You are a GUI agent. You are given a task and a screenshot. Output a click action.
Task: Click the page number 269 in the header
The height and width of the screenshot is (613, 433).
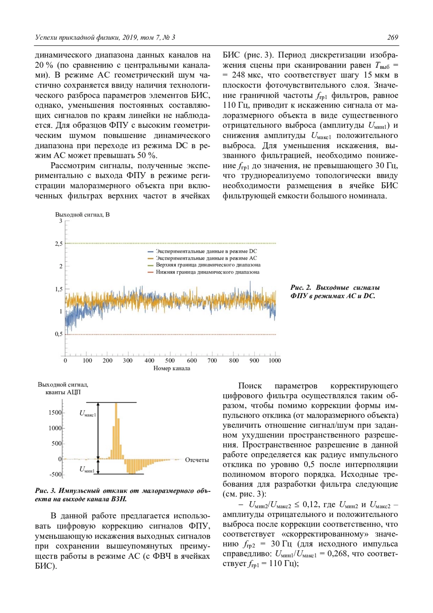click(x=392, y=38)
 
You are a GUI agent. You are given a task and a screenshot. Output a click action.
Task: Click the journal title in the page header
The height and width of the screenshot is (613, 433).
click(x=105, y=38)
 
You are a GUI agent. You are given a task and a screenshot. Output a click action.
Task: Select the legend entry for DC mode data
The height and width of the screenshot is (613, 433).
click(x=206, y=251)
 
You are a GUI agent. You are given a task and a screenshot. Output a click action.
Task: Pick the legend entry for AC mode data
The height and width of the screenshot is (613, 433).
click(x=206, y=258)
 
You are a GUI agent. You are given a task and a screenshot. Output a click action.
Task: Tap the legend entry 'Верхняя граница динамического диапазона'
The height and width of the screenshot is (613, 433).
click(x=208, y=265)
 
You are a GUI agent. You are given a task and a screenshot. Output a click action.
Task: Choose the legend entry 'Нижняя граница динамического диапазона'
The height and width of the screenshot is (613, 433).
click(x=207, y=272)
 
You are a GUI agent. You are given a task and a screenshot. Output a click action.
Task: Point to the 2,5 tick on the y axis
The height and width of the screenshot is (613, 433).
click(x=59, y=244)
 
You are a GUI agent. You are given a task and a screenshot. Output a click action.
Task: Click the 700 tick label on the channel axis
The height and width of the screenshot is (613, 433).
click(x=212, y=360)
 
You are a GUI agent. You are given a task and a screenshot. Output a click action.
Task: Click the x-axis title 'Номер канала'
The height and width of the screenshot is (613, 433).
click(x=172, y=368)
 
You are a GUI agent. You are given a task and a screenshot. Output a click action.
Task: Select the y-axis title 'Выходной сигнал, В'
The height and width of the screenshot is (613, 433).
click(x=82, y=214)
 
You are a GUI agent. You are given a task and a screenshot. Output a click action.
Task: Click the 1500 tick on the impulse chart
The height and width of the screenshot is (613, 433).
click(x=55, y=413)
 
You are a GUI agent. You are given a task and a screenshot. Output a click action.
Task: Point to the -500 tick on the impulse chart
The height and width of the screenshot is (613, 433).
click(x=56, y=474)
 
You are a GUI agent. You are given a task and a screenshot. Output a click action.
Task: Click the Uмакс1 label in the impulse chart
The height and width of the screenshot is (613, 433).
click(x=88, y=414)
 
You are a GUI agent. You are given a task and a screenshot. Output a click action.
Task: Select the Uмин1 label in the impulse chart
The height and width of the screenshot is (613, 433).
click(x=87, y=470)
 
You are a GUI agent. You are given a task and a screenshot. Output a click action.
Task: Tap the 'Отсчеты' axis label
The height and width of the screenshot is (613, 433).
click(x=197, y=460)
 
